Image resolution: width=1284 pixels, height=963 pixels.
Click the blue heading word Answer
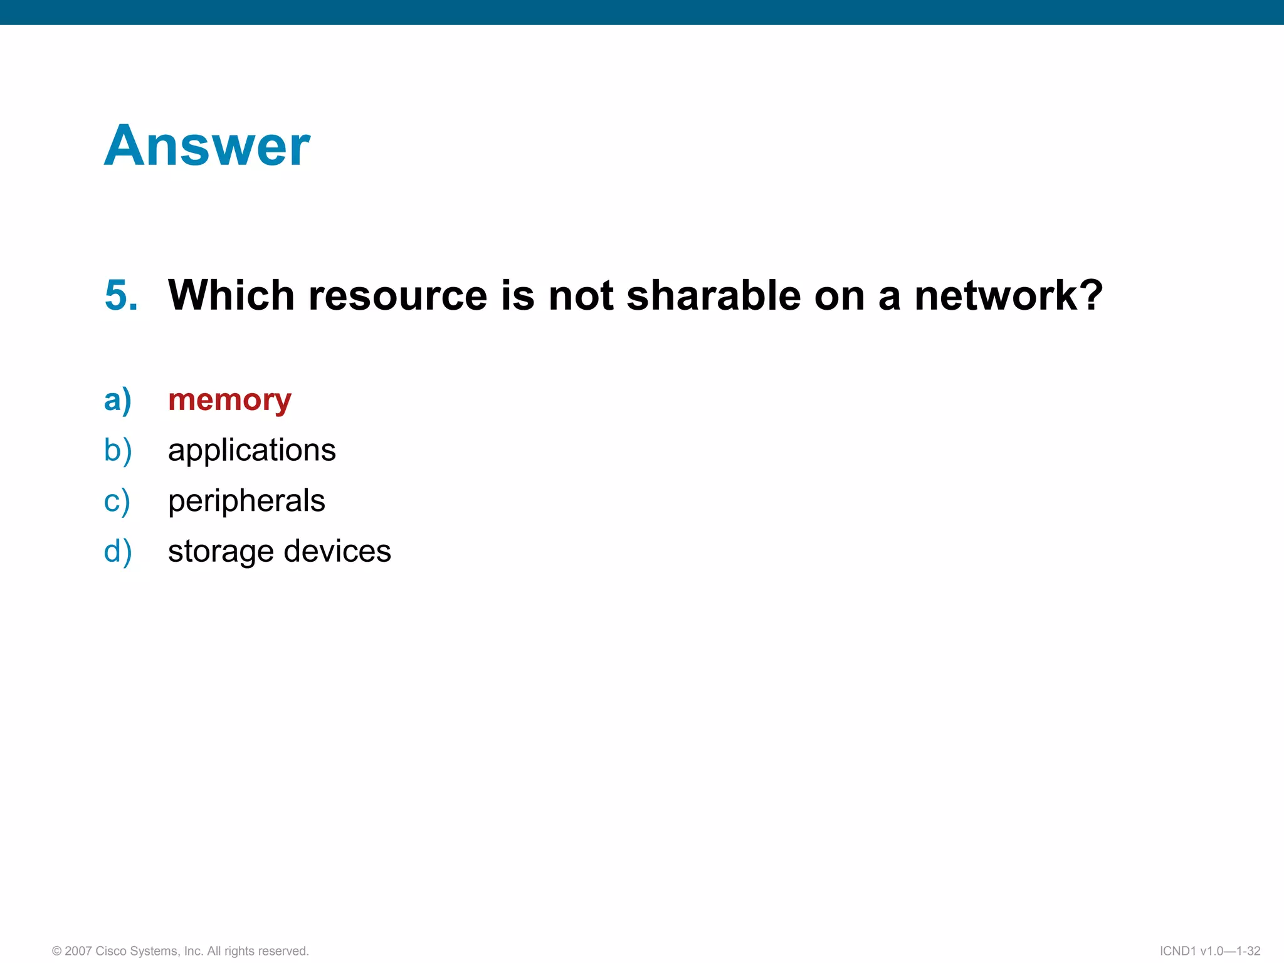tap(207, 146)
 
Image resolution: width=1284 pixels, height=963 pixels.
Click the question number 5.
tap(121, 295)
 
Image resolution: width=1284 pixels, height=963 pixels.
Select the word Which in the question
tap(231, 295)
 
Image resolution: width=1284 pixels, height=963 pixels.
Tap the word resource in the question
tap(397, 295)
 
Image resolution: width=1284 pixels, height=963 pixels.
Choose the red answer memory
tap(229, 400)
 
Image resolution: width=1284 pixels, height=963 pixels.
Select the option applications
tap(251, 450)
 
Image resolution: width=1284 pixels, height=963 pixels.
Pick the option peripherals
tap(246, 500)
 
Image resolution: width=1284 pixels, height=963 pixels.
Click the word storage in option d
tap(220, 552)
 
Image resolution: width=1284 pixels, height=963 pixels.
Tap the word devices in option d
tap(337, 551)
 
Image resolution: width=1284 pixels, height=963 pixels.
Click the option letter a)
tap(118, 400)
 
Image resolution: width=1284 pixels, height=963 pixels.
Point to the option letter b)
tap(118, 450)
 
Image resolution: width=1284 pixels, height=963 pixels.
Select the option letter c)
tap(117, 501)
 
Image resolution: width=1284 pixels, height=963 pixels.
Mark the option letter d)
tap(118, 552)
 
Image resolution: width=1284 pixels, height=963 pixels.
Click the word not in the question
tap(581, 295)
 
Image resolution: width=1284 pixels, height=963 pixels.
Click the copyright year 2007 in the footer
tap(78, 951)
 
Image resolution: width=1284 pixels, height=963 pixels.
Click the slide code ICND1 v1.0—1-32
tap(1209, 951)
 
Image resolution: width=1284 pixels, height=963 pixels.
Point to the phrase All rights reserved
tap(258, 951)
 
